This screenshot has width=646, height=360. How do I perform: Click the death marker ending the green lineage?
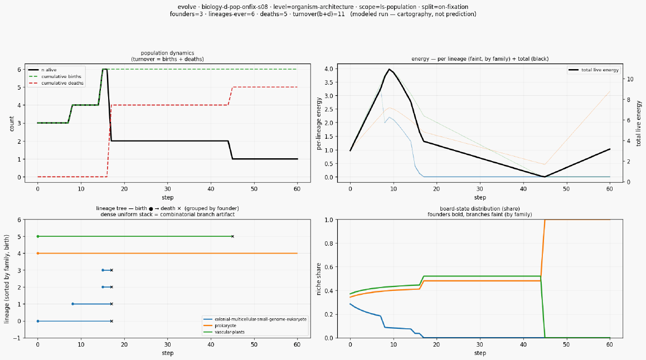coord(232,236)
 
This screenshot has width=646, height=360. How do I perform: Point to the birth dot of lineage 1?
coord(73,304)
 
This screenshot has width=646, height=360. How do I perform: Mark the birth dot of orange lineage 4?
coord(38,254)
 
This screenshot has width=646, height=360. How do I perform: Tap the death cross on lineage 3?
coord(111,270)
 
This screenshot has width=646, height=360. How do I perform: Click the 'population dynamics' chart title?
coord(167,53)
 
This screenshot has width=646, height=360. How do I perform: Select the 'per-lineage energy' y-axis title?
coord(319,124)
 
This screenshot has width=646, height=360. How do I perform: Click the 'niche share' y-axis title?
coord(319,279)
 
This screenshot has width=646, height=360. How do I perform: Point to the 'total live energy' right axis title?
coord(639,123)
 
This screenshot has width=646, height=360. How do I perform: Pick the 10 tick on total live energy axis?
coord(630,80)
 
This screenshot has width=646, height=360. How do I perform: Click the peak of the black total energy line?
coord(389,69)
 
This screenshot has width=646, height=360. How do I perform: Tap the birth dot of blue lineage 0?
coord(38,322)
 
